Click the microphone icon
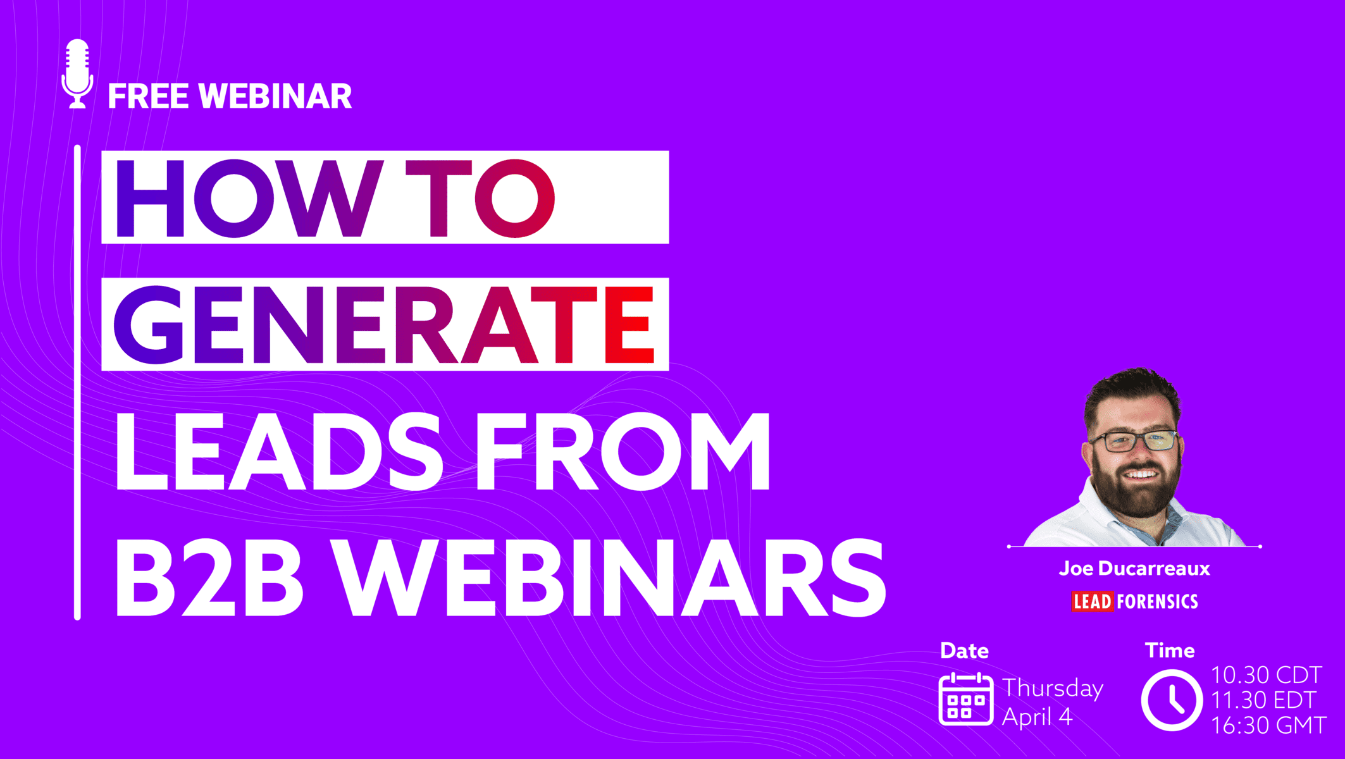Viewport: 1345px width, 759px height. pyautogui.click(x=78, y=74)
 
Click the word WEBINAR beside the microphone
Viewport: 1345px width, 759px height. pyautogui.click(x=275, y=96)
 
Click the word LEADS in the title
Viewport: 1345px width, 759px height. pyautogui.click(x=279, y=450)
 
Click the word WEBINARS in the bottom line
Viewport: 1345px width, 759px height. pyautogui.click(x=609, y=577)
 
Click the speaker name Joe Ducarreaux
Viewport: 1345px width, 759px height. pyautogui.click(x=1134, y=568)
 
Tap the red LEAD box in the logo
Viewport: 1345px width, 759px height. pyautogui.click(x=1093, y=601)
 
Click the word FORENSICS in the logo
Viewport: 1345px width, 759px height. pyautogui.click(x=1157, y=601)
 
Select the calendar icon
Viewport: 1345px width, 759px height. pyautogui.click(x=966, y=699)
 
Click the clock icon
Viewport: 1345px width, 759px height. pyautogui.click(x=1172, y=700)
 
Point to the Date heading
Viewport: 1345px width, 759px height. pyautogui.click(x=964, y=651)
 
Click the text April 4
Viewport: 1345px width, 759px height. pyautogui.click(x=1038, y=717)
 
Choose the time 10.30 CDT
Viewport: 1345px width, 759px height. pyautogui.click(x=1267, y=675)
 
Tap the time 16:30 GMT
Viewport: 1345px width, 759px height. pyautogui.click(x=1268, y=725)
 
